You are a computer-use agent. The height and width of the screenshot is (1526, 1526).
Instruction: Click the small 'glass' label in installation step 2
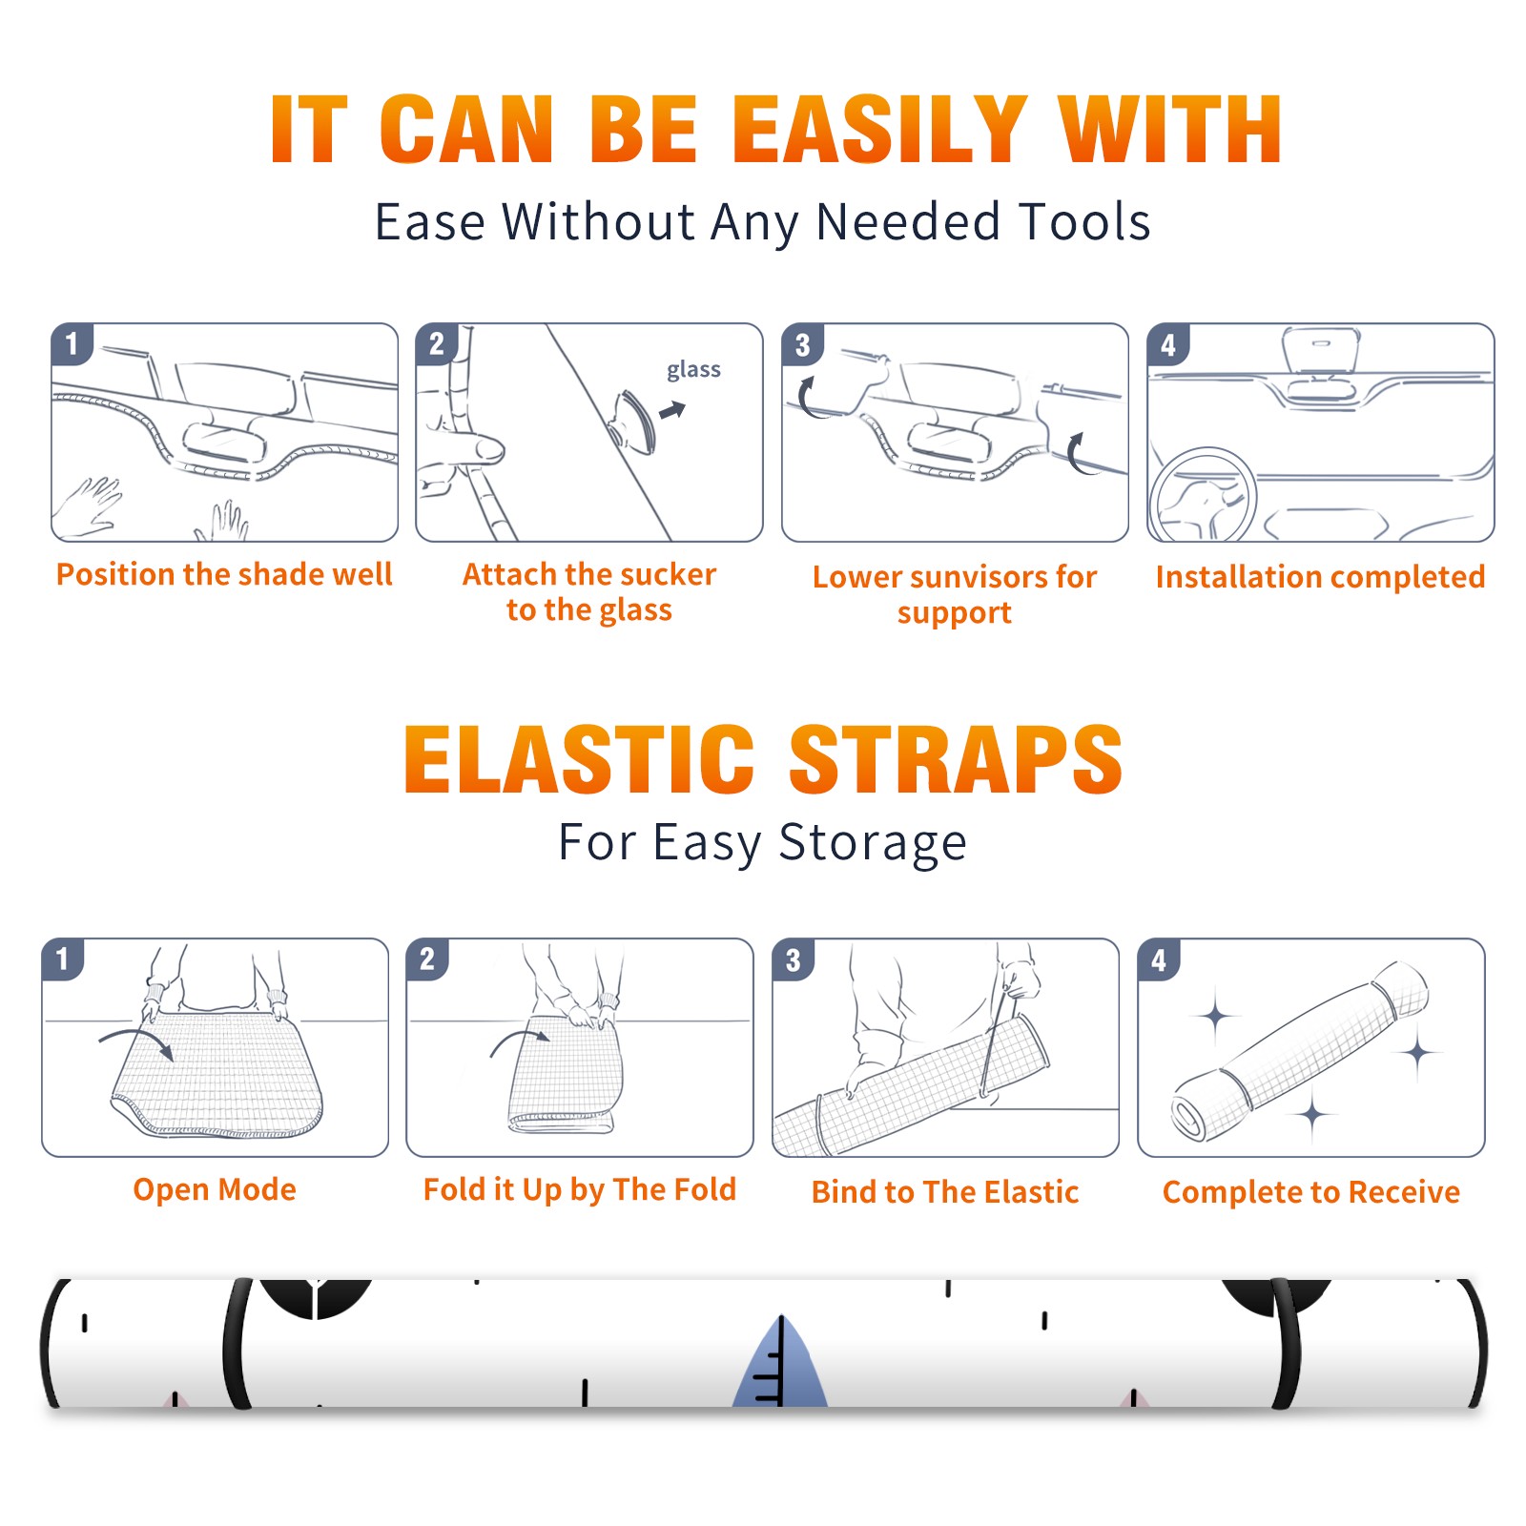693,370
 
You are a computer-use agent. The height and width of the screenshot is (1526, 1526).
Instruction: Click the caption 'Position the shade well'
224,574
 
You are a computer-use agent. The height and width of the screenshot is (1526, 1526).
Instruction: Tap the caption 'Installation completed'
1320,577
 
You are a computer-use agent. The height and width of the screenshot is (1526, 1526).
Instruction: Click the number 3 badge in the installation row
802,345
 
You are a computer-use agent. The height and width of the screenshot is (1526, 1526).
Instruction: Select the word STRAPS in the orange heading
956,759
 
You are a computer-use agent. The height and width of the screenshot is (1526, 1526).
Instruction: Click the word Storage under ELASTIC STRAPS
873,844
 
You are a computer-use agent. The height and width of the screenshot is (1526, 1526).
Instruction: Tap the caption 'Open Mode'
215,1189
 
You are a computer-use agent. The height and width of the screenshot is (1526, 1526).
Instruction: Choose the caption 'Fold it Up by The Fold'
580,1190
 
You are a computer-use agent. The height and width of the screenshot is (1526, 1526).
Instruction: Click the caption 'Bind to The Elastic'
945,1192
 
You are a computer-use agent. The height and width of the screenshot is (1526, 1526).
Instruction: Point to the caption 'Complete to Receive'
1311,1192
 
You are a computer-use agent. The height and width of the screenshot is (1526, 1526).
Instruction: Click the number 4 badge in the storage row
1159,960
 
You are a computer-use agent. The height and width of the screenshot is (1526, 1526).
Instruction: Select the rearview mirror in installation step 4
1320,350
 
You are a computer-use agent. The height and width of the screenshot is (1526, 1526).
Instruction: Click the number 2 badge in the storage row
427,959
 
